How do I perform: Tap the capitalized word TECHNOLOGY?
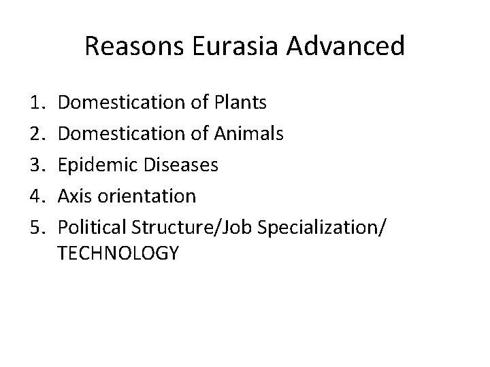point(118,254)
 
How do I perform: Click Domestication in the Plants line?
point(120,103)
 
